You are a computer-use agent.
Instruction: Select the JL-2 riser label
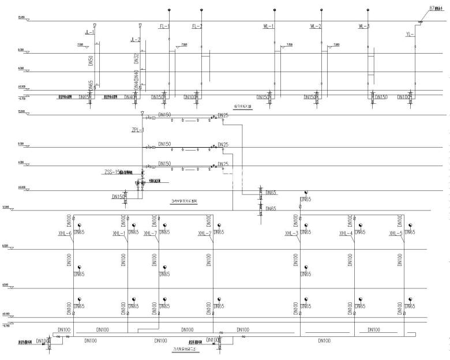coord(136,40)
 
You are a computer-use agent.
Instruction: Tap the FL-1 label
coord(164,27)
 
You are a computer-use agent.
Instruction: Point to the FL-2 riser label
coord(197,27)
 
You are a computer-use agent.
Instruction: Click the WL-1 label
coord(268,27)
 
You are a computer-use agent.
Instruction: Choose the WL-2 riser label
coord(316,27)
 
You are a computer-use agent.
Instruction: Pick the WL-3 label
coord(363,27)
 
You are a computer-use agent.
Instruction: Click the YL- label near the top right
coord(410,34)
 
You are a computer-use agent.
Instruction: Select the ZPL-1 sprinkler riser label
coord(138,131)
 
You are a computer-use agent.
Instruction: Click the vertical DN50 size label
coord(91,62)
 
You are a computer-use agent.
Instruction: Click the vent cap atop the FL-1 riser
coord(169,10)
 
